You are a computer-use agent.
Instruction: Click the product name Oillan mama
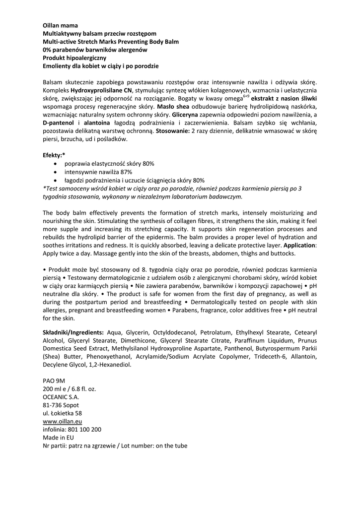coord(60,25)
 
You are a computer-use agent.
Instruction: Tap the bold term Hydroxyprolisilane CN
coord(101,91)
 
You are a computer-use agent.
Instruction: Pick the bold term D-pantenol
coord(59,123)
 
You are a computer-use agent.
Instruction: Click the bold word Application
coord(299,245)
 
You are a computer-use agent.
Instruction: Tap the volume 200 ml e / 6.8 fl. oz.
coord(70,389)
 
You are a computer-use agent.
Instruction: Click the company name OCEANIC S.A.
coord(61,397)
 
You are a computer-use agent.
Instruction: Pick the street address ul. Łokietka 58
coord(63,413)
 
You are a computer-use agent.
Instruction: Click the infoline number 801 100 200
coord(85,429)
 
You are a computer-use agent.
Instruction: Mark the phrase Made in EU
coord(59,437)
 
